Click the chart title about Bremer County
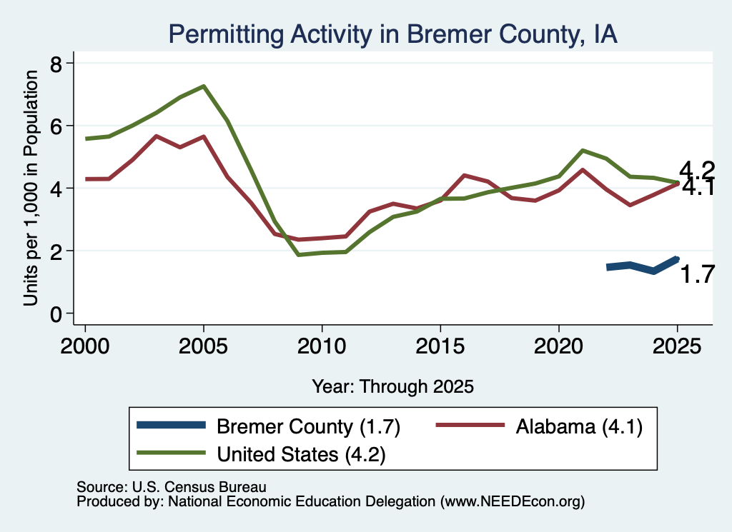click(392, 34)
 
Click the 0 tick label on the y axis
click(56, 314)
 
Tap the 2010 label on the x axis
click(322, 346)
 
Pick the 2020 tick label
click(559, 346)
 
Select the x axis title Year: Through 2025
click(392, 386)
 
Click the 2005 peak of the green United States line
click(204, 86)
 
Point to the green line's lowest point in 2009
click(298, 255)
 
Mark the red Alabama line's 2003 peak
click(156, 136)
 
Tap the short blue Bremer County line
click(643, 266)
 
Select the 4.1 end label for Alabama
click(698, 187)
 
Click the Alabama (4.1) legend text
click(579, 426)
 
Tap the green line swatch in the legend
click(171, 452)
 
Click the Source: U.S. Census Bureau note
click(172, 487)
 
